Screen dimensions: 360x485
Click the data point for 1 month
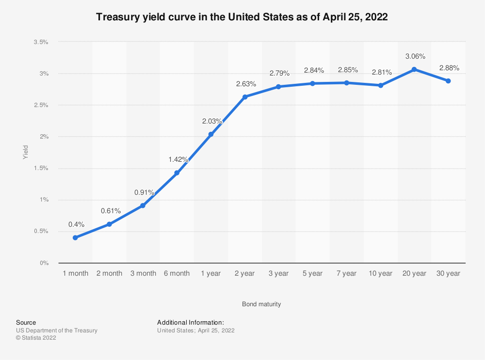coord(75,237)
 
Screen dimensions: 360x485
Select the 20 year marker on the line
coord(414,69)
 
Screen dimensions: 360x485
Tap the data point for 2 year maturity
coord(245,97)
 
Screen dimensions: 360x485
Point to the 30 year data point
coord(448,81)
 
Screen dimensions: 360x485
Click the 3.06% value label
coord(414,57)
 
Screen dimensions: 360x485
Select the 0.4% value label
coord(77,224)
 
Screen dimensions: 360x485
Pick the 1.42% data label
coord(178,159)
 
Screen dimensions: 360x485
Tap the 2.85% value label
coord(348,70)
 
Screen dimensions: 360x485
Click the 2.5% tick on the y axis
coord(41,105)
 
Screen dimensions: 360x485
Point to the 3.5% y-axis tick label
coord(41,42)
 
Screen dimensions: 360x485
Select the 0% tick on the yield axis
coord(44,263)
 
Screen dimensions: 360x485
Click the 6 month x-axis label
coord(177,274)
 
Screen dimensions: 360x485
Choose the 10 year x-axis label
coord(381,274)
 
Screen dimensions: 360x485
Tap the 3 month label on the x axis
coord(143,274)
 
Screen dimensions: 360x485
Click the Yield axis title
coord(25,153)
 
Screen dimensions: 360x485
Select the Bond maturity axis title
coord(261,304)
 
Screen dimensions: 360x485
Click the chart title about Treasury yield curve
coord(242,17)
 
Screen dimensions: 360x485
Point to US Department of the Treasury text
coord(57,330)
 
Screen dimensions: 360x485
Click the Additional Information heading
coord(191,322)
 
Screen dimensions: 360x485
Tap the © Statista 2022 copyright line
coord(36,338)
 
